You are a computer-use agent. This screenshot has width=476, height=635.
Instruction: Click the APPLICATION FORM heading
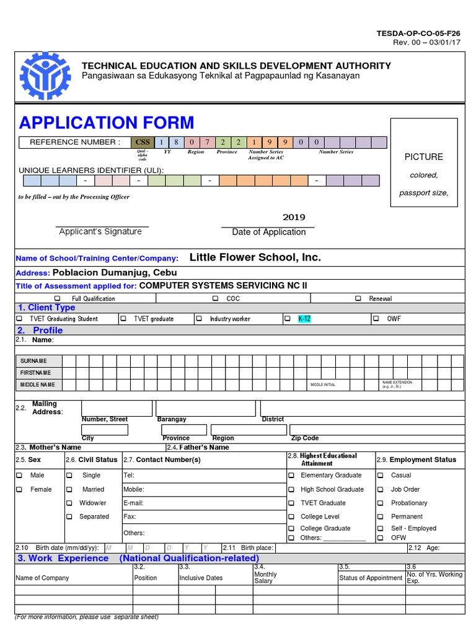click(106, 122)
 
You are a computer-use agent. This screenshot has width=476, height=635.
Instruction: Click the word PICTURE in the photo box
click(423, 157)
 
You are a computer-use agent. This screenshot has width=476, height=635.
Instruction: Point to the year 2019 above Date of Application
click(294, 217)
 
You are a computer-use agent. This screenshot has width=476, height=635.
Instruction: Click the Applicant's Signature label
click(100, 231)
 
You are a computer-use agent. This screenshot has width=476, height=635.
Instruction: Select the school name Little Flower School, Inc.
click(255, 257)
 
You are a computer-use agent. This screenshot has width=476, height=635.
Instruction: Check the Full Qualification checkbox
click(58, 298)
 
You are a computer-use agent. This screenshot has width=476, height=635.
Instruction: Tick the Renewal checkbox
click(358, 298)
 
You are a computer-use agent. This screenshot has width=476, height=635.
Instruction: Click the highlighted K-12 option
click(304, 319)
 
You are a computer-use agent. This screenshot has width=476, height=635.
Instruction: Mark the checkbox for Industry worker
click(199, 319)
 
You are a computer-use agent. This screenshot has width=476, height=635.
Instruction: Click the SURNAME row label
click(33, 361)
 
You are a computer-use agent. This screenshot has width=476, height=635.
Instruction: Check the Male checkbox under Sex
click(19, 475)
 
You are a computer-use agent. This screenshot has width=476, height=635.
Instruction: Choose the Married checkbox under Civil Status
click(69, 489)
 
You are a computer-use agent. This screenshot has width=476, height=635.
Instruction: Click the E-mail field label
click(133, 503)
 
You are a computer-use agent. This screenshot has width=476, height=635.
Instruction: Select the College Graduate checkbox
click(291, 528)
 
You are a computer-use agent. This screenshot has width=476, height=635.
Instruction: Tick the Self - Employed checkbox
click(381, 528)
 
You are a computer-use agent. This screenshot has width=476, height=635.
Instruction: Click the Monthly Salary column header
click(265, 577)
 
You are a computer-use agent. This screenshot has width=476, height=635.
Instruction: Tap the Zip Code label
click(305, 438)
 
